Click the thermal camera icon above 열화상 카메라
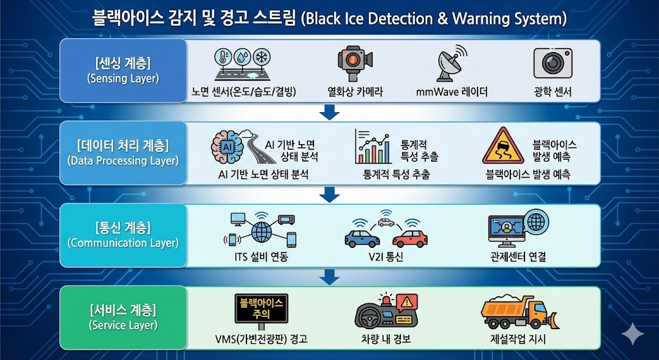[355, 63]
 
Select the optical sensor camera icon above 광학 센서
[553, 63]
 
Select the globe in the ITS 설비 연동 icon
[261, 231]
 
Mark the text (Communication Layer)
[122, 243]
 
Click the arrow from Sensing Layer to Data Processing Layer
[329, 113]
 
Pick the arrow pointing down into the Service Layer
[329, 277]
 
